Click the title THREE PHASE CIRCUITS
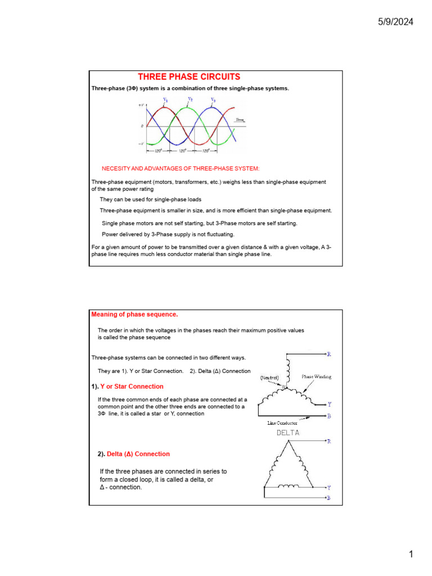click(189, 77)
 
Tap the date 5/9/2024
click(395, 22)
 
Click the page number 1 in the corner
click(411, 555)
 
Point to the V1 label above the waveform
click(165, 100)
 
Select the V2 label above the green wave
click(190, 100)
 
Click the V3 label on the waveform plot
click(213, 100)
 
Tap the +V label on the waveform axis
click(141, 105)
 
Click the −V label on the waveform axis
click(141, 144)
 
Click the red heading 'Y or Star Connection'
click(132, 386)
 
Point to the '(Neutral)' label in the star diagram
click(272, 379)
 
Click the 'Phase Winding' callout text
click(316, 377)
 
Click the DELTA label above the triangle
click(287, 433)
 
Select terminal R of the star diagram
click(328, 354)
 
